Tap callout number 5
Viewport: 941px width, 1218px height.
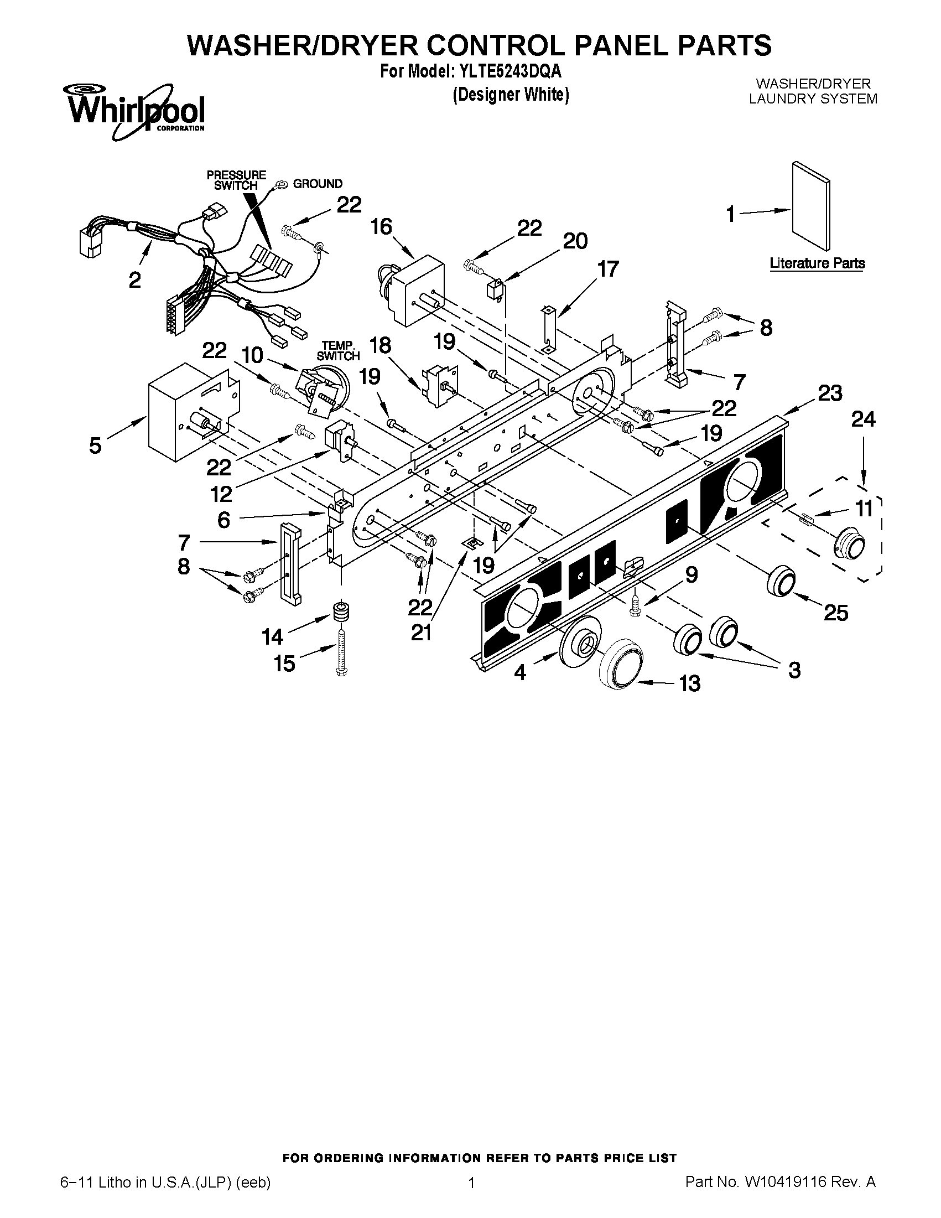click(95, 445)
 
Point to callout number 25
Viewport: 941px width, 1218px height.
click(836, 613)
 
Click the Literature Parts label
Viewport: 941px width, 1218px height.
click(817, 263)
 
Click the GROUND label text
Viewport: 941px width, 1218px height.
click(318, 184)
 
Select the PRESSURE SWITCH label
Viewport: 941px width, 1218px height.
click(236, 180)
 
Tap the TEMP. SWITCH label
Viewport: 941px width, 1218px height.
click(338, 351)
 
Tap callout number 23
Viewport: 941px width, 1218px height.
click(829, 393)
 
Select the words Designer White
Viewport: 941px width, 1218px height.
click(511, 95)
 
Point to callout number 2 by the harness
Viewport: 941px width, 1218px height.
click(134, 280)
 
